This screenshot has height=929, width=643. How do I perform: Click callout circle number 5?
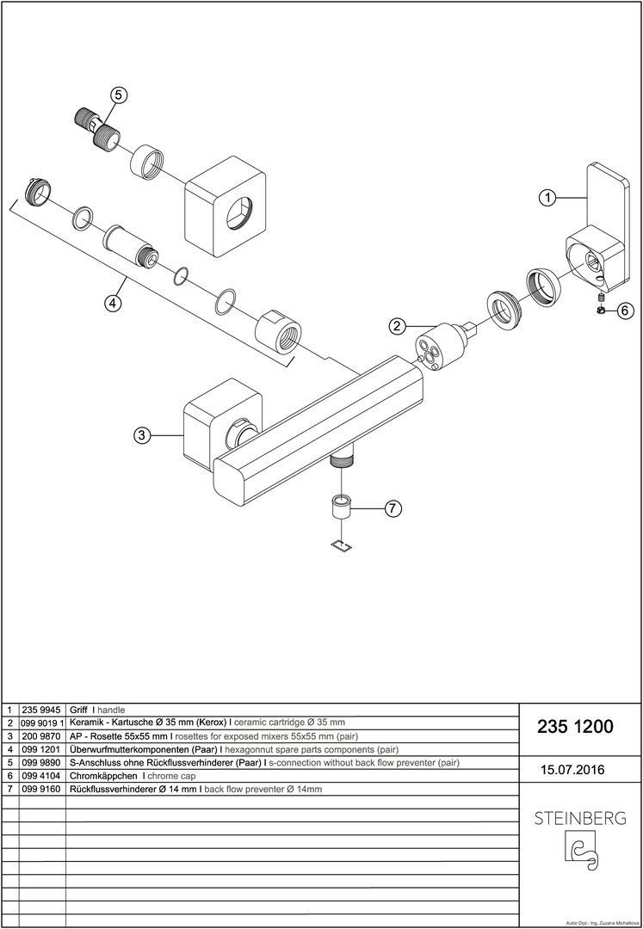pyautogui.click(x=119, y=95)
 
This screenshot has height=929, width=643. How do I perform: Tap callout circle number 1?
pyautogui.click(x=546, y=197)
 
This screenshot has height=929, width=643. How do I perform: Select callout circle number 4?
pyautogui.click(x=113, y=303)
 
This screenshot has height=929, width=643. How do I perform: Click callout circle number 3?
pyautogui.click(x=141, y=436)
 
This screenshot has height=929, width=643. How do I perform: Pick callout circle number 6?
pyautogui.click(x=625, y=311)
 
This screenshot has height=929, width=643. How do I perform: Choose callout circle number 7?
pyautogui.click(x=391, y=508)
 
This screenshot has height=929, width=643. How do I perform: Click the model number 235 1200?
pyautogui.click(x=575, y=727)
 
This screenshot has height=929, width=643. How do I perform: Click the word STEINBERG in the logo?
pyautogui.click(x=580, y=818)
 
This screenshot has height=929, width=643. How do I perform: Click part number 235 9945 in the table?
pyautogui.click(x=41, y=710)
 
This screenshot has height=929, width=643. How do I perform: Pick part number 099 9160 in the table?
pyautogui.click(x=41, y=788)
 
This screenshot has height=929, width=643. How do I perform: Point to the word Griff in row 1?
pyautogui.click(x=77, y=710)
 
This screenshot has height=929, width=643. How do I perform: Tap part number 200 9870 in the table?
pyautogui.click(x=41, y=736)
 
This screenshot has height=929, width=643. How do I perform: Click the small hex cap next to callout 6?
pyautogui.click(x=600, y=311)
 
